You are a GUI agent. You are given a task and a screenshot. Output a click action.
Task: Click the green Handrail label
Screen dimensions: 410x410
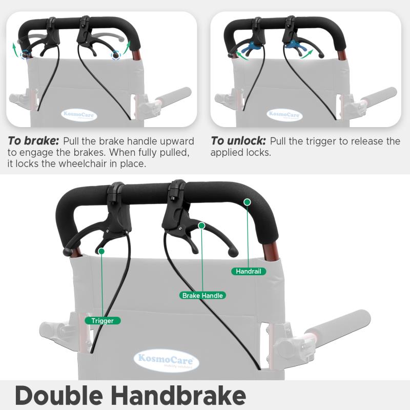pyautogui.click(x=249, y=271)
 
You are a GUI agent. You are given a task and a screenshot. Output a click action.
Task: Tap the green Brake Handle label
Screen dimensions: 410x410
pyautogui.click(x=202, y=296)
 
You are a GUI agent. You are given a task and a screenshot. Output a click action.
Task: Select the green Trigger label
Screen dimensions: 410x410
pyautogui.click(x=102, y=321)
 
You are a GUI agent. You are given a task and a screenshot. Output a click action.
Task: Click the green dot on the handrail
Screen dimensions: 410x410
pyautogui.click(x=247, y=202)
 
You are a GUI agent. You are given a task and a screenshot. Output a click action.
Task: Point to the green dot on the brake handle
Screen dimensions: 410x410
pyautogui.click(x=201, y=225)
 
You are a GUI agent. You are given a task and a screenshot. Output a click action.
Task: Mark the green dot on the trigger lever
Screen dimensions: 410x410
pyautogui.click(x=101, y=251)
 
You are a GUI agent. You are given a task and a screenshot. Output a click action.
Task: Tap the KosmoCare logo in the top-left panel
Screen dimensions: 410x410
pyautogui.click(x=79, y=115)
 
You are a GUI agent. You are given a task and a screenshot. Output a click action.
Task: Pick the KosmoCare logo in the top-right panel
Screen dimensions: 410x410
pyautogui.click(x=284, y=115)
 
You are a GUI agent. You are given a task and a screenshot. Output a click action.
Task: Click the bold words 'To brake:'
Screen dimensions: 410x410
pyautogui.click(x=33, y=141)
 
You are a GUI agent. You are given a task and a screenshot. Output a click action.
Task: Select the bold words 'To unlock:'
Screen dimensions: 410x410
pyautogui.click(x=238, y=141)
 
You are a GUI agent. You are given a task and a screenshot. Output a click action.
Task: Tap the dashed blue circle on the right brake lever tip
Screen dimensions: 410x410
pyautogui.click(x=116, y=55)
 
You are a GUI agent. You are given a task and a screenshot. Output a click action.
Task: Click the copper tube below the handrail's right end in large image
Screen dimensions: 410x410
pyautogui.click(x=271, y=252)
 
